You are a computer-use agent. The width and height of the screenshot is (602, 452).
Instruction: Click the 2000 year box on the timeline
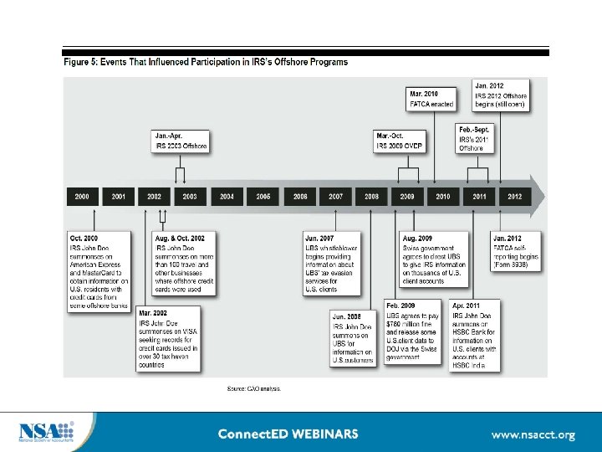click(82, 196)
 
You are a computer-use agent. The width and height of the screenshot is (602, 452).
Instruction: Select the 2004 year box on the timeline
click(227, 196)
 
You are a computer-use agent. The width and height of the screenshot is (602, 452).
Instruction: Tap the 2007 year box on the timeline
click(335, 196)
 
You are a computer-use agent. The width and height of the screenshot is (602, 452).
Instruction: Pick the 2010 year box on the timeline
click(443, 196)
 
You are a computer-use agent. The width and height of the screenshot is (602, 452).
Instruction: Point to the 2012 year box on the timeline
click(515, 196)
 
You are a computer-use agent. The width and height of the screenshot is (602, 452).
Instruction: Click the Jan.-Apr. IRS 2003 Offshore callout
click(181, 141)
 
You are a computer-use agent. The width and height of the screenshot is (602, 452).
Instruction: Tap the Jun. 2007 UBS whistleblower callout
click(332, 263)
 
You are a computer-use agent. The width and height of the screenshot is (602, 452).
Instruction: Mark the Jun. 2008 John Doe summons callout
click(353, 337)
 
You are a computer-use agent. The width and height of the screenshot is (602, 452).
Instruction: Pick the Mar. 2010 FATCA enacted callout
click(432, 98)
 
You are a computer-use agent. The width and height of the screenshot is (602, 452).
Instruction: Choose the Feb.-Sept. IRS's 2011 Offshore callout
click(475, 138)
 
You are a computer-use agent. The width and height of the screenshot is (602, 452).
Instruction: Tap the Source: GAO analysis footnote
click(254, 388)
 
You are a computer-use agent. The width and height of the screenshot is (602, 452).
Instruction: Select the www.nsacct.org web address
click(533, 434)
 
